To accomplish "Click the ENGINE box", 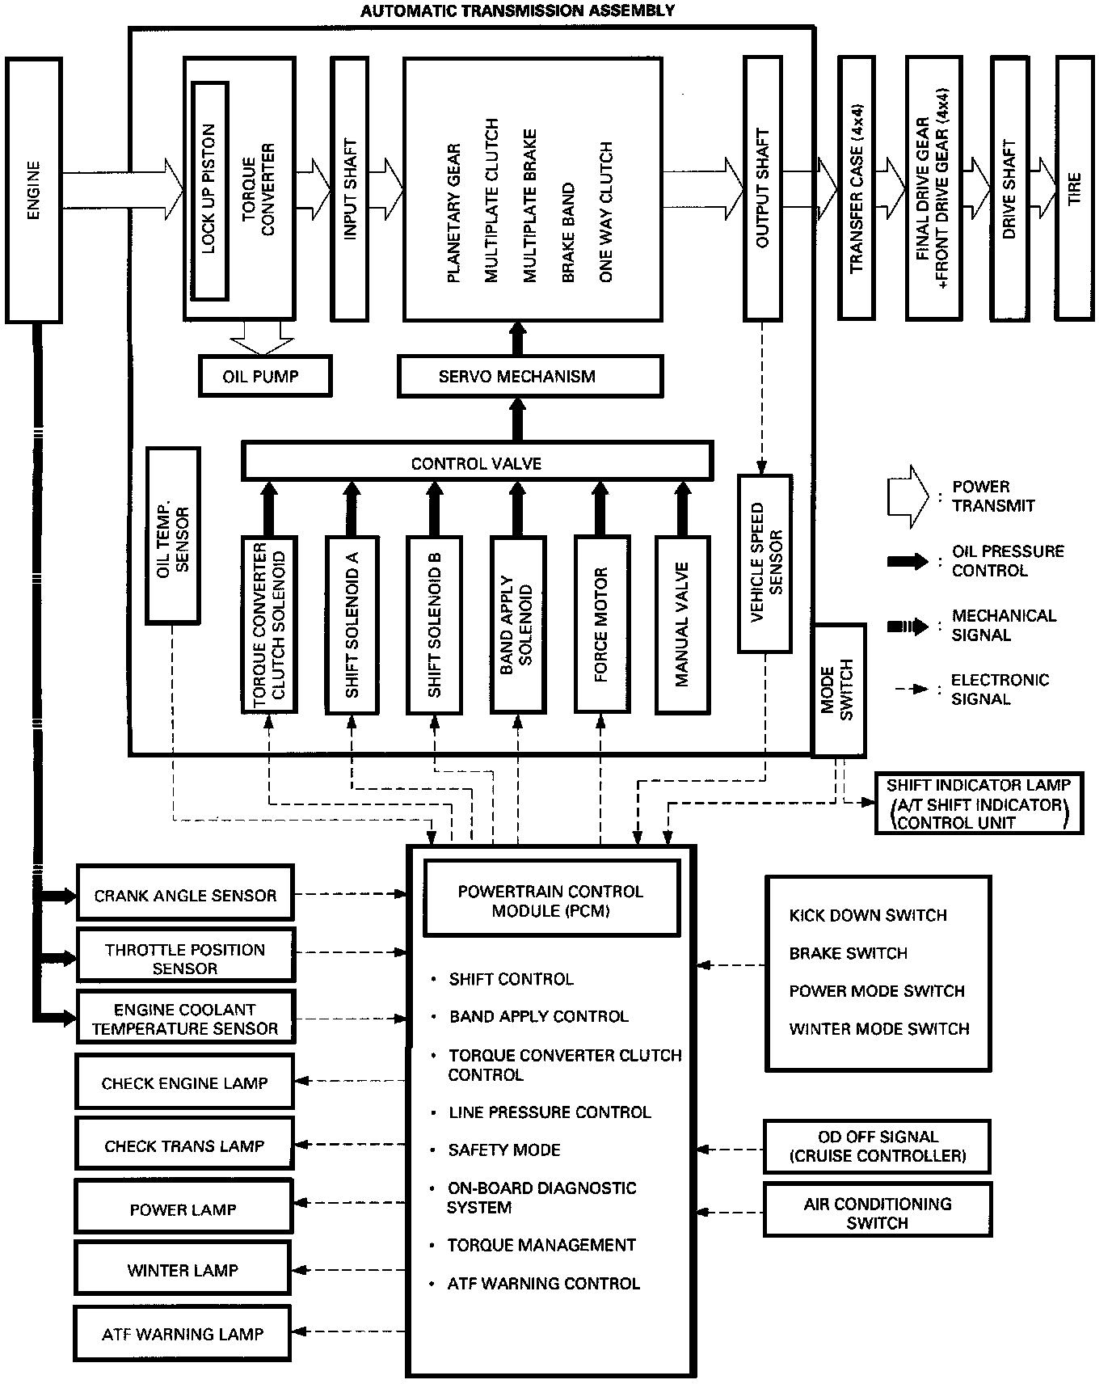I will [34, 191].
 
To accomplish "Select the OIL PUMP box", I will [265, 376].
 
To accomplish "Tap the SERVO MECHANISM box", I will [530, 377].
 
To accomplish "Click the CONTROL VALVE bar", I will [477, 463].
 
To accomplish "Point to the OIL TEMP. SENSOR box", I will [172, 536].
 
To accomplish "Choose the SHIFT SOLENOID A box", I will [352, 624].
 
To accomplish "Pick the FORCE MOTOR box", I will [601, 624].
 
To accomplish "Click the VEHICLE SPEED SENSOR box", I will [764, 563].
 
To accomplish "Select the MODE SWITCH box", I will [838, 690].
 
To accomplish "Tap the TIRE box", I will [1074, 188].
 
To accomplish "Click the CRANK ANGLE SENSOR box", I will [185, 893].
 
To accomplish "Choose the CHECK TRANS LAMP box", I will [184, 1145].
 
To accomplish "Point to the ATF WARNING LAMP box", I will [183, 1334].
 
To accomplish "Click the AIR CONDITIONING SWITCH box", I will [877, 1212].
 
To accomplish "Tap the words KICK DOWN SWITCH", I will [868, 915].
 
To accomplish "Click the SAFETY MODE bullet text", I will [504, 1150].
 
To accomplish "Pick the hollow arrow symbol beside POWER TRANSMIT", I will [908, 496].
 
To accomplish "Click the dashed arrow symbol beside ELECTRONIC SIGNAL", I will [911, 690].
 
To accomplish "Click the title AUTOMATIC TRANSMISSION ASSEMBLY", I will [517, 11].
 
